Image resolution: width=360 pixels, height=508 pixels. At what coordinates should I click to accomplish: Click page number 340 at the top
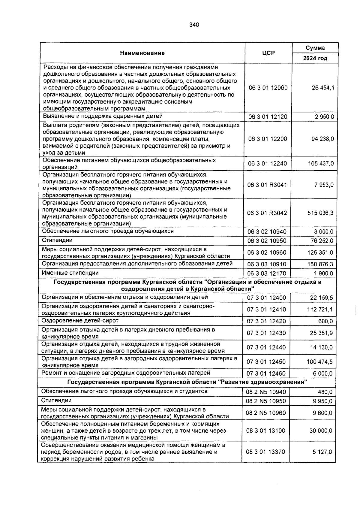coord(194,25)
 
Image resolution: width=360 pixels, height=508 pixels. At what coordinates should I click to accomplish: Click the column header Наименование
coord(142,53)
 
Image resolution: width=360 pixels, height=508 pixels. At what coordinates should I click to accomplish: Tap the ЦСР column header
coord(268,53)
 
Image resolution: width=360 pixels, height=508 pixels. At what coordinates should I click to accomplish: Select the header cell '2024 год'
coord(315,58)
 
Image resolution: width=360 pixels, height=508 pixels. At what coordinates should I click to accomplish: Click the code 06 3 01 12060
coord(268,88)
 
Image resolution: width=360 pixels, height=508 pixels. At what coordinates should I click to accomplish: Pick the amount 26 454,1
coord(322,88)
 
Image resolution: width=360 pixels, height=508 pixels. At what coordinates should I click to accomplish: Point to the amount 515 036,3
coord(320,213)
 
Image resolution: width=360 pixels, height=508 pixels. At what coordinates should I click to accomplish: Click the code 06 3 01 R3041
coord(267,185)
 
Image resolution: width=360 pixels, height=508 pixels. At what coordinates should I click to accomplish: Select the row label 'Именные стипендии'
coord(70,273)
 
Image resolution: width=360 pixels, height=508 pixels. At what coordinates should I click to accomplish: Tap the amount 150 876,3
coord(320,264)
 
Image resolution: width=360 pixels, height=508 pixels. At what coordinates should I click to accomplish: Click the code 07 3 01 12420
coord(266,321)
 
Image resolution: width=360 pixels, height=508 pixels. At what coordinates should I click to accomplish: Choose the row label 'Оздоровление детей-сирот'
coord(80,320)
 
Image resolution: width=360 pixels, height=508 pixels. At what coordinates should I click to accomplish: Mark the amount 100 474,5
coord(319,362)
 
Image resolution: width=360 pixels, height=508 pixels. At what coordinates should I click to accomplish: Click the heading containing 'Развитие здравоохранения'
coord(187,382)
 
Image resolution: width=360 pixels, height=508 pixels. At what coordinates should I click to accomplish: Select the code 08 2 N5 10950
coord(266,401)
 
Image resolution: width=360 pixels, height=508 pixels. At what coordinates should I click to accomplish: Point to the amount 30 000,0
coord(321,431)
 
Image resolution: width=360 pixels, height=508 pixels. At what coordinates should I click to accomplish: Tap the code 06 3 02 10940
coord(267,232)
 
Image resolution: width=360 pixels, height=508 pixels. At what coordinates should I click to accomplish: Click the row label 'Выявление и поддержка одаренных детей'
coord(103,116)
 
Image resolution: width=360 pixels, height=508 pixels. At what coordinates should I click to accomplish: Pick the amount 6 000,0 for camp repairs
coord(323,374)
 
